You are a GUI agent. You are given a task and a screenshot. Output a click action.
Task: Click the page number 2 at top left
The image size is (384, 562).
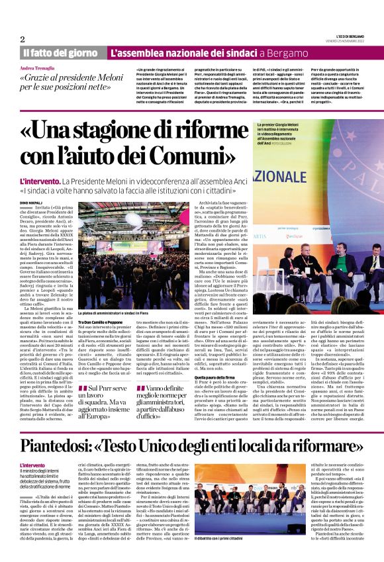click(23, 39)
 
